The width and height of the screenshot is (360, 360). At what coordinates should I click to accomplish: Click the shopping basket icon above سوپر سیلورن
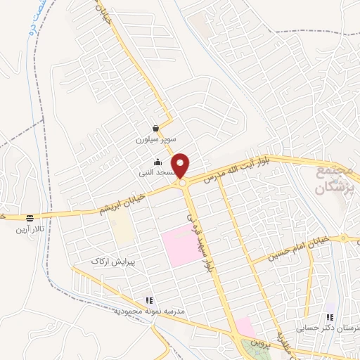coord(155,129)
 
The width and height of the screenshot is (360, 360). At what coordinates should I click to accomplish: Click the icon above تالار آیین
coord(30,218)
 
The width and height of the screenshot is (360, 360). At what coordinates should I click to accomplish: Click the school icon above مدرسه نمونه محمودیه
coord(148,300)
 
